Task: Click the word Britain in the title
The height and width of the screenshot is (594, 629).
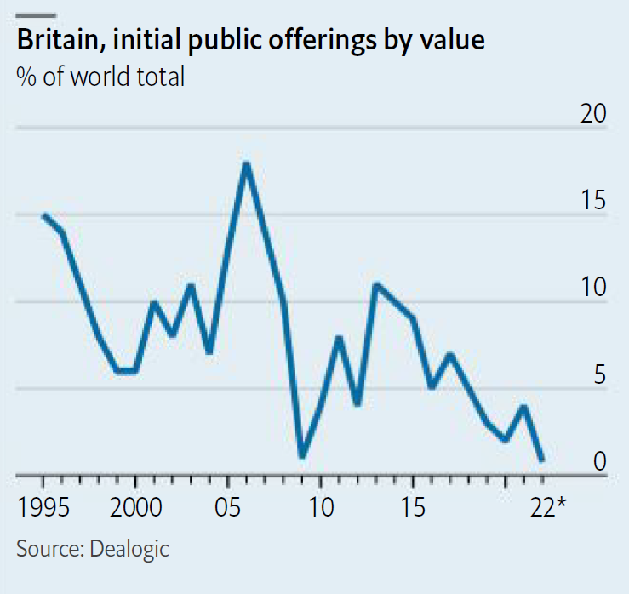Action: (57, 40)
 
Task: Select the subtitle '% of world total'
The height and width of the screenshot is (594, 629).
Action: (100, 77)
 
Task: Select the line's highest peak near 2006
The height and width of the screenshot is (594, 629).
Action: (246, 163)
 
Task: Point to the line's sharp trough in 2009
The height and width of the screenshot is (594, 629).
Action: (301, 456)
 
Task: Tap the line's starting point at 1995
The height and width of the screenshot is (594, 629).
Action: (43, 215)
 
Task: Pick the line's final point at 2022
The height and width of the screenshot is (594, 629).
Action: (542, 460)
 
